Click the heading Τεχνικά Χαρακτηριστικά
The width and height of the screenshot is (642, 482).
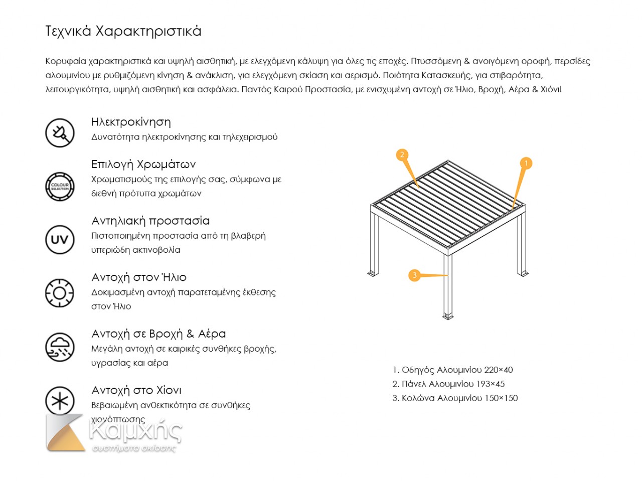pyautogui.click(x=123, y=31)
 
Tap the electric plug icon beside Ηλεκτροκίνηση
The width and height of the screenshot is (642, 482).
pyautogui.click(x=60, y=132)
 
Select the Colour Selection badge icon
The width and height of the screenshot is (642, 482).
pyautogui.click(x=60, y=186)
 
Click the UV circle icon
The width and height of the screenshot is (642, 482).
pyautogui.click(x=60, y=239)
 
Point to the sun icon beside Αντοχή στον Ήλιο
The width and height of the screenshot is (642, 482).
pyautogui.click(x=60, y=293)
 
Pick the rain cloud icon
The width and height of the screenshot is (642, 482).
pyautogui.click(x=60, y=347)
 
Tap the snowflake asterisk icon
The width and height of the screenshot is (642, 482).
pyautogui.click(x=60, y=401)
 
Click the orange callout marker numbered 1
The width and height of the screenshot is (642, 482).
pyautogui.click(x=526, y=163)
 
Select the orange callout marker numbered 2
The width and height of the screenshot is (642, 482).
pyautogui.click(x=402, y=155)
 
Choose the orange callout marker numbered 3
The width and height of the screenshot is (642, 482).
pyautogui.click(x=414, y=275)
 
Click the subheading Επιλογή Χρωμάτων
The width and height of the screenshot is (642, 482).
pyautogui.click(x=143, y=165)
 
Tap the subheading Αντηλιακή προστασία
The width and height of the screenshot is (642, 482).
pyautogui.click(x=150, y=221)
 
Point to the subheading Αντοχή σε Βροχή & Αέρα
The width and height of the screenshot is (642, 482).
pyautogui.click(x=158, y=334)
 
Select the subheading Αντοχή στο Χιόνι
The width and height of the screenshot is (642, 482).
pyautogui.click(x=136, y=390)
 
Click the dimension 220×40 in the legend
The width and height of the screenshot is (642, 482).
pyautogui.click(x=499, y=370)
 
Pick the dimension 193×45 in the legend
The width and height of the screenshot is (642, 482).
pyautogui.click(x=491, y=384)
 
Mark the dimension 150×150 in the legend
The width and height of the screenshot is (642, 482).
pyautogui.click(x=501, y=398)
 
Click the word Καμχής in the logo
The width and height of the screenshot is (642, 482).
pyautogui.click(x=135, y=430)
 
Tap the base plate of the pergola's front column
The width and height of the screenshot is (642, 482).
pyautogui.click(x=447, y=316)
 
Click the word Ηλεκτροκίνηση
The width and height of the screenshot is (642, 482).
pyautogui.click(x=131, y=122)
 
